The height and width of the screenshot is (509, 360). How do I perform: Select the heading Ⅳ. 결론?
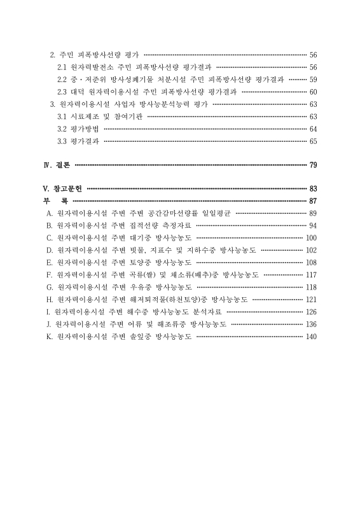click(57, 165)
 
